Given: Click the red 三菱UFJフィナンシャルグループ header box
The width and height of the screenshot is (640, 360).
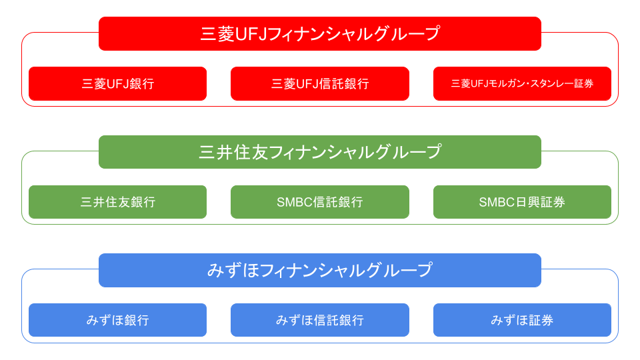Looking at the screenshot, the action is [320, 33].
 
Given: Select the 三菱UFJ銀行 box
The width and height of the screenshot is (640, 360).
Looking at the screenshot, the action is [117, 84].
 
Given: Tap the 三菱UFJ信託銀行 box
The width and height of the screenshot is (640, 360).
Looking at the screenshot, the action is [320, 84].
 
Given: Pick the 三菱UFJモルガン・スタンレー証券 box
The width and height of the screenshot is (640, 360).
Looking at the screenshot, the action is [522, 84].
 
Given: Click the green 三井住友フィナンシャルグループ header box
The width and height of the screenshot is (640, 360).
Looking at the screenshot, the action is [320, 152].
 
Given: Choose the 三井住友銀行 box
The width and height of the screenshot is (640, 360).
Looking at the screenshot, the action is [117, 202].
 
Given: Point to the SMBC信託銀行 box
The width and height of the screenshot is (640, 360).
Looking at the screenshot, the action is [320, 202].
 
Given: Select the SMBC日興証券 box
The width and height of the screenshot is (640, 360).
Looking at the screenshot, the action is [522, 202].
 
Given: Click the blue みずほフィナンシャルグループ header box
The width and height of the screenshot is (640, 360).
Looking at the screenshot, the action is [320, 270].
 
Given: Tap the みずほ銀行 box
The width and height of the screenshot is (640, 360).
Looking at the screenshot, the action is [117, 320].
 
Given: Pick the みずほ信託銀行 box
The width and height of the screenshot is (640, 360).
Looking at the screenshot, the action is [320, 320].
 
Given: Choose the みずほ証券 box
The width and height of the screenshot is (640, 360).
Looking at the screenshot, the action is [522, 320].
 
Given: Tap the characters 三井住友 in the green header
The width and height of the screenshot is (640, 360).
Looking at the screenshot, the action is [233, 152].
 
